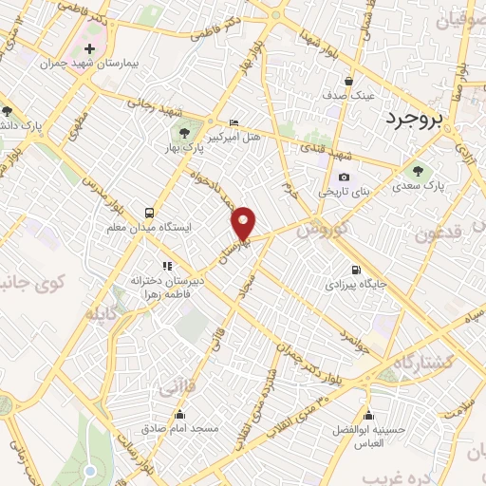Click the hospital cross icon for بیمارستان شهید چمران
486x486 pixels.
pyautogui.click(x=89, y=48)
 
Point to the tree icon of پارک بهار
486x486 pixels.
pyautogui.click(x=184, y=130)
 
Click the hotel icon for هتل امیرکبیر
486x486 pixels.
pyautogui.click(x=234, y=122)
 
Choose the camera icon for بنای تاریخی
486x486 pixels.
pyautogui.click(x=344, y=178)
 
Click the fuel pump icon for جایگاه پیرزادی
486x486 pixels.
pyautogui.click(x=355, y=269)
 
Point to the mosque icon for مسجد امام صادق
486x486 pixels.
pyautogui.click(x=180, y=414)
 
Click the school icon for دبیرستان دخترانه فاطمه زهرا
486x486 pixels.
pyautogui.click(x=167, y=267)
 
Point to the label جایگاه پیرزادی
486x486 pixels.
pyautogui.click(x=352, y=284)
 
